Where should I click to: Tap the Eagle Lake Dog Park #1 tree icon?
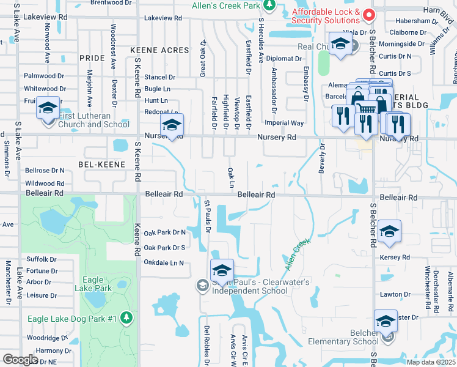pos(126,317)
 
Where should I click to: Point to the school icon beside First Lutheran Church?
pos(47,108)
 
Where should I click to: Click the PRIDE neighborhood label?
pos(92,58)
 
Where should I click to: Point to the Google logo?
pos(20,360)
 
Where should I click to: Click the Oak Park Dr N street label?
pos(164,232)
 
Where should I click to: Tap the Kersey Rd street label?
pos(395,258)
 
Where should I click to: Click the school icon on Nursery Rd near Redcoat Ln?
pos(172,126)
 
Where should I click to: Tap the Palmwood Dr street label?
pos(43,76)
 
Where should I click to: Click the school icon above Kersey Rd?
pos(389,231)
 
